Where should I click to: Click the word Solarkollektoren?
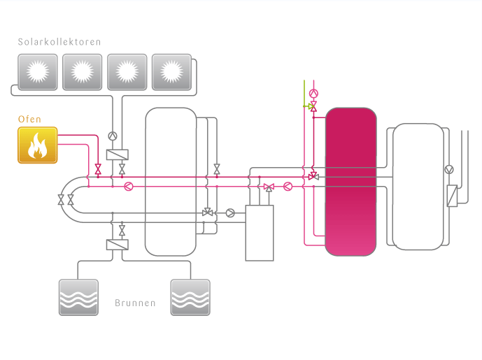point(59,42)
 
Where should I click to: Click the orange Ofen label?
point(29,120)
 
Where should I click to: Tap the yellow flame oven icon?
point(37,145)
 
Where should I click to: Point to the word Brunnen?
point(134,304)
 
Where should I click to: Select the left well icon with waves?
point(78,297)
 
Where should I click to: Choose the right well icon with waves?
point(190,297)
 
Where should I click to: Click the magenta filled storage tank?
point(351,182)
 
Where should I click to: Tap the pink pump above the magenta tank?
point(313,93)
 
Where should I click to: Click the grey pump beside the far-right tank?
point(449,169)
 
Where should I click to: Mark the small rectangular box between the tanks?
point(260,233)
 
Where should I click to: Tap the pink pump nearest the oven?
point(128,187)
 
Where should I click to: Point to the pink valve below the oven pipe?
point(97,169)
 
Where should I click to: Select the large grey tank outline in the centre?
point(171,182)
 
